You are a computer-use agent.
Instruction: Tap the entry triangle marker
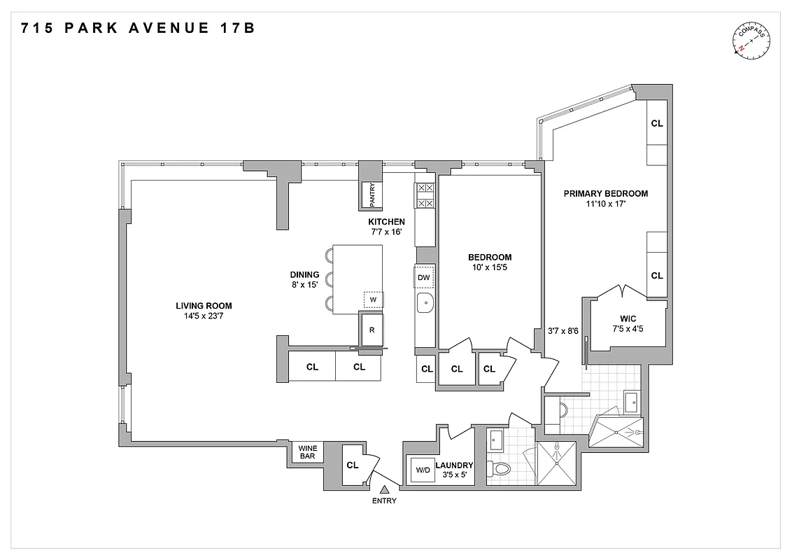coord(385,489)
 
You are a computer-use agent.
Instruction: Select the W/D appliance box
coord(423,470)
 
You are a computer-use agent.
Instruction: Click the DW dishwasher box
coord(423,278)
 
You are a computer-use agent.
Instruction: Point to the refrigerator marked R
coord(373,329)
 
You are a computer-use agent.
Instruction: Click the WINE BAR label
coord(307,452)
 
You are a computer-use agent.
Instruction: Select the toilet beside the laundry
coord(501,468)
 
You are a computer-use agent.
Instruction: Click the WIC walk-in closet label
coord(626,318)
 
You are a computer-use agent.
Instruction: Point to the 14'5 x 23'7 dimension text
coord(204,316)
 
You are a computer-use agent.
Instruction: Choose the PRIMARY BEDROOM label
coord(606,194)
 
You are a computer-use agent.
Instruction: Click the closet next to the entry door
coord(353,465)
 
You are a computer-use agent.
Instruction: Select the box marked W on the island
coord(373,300)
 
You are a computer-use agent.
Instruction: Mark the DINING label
coord(305,275)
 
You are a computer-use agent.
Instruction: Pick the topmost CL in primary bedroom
coord(656,123)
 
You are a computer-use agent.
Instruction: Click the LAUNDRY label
coord(454,465)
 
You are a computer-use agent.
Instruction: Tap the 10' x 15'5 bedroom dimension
coord(490,268)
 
